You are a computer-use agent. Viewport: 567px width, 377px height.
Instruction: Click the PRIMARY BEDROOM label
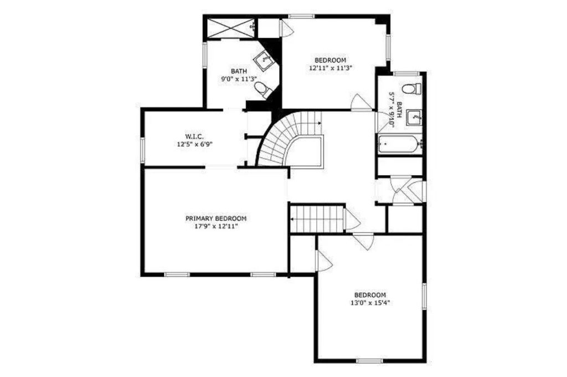216,219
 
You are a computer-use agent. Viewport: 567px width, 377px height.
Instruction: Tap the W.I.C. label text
194,136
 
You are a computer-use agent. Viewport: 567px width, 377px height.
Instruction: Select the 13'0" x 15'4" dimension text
370,303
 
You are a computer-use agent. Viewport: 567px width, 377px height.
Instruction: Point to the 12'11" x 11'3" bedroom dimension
331,68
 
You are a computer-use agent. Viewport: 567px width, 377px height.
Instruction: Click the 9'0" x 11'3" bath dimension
239,79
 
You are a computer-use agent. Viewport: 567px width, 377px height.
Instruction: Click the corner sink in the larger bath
266,60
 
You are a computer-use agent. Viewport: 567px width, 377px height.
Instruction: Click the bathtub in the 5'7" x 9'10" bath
400,144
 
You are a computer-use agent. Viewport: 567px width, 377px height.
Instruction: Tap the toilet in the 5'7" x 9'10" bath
411,88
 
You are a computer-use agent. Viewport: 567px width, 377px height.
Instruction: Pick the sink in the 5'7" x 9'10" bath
413,118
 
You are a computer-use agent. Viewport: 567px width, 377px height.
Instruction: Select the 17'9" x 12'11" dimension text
216,227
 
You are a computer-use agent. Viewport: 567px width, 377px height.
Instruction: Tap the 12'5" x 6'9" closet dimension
194,144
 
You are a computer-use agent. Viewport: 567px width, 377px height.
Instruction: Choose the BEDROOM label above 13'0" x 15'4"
370,295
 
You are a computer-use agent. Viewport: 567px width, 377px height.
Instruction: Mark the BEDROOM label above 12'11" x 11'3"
330,60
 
